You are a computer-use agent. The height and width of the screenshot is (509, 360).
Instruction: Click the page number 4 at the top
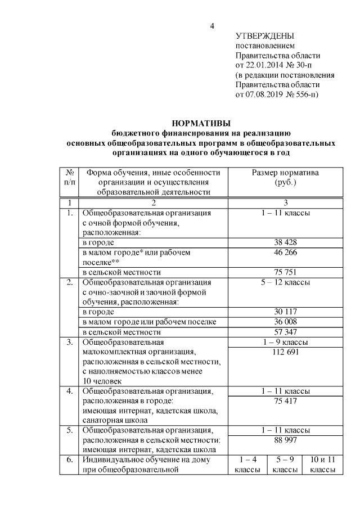coord(211,26)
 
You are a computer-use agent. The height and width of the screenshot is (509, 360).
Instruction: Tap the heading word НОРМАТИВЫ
coord(201,124)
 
